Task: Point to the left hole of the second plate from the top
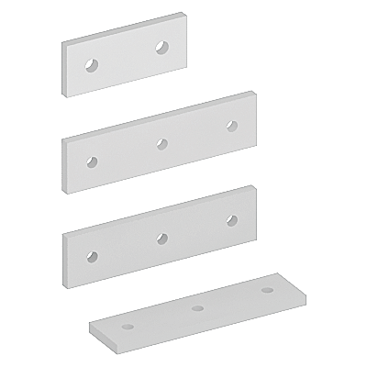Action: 91,161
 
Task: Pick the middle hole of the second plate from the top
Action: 161,142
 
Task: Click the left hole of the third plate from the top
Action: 91,253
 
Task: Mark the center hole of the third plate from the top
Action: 161,238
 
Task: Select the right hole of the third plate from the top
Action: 230,219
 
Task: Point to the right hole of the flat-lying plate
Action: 267,290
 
